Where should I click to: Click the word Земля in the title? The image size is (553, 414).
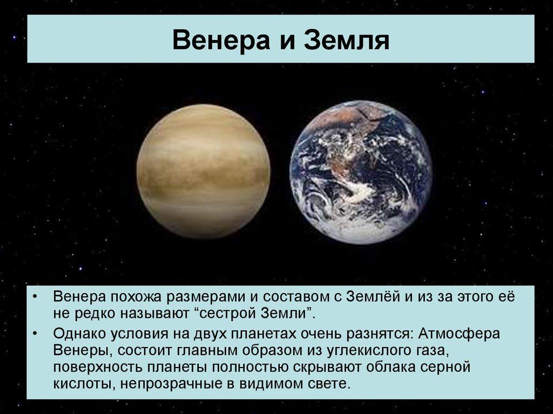coord(347,39)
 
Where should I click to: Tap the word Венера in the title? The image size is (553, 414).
coord(221,39)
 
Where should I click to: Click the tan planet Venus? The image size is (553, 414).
coord(204,172)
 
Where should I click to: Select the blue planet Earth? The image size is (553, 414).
coord(361,172)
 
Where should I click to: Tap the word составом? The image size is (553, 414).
coord(295,297)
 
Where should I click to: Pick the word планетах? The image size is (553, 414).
coord(264,333)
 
